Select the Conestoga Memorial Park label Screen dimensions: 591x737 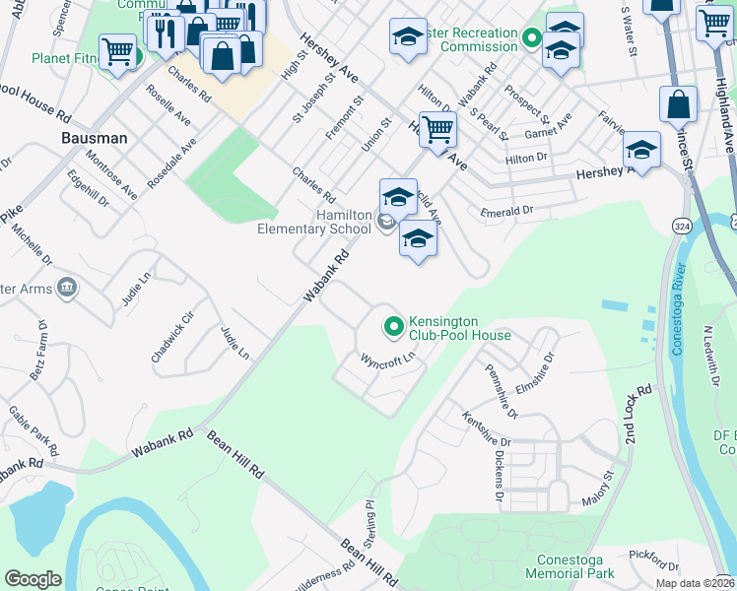(x=569, y=565)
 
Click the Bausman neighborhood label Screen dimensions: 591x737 (x=95, y=138)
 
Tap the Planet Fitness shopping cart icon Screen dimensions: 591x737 (x=117, y=51)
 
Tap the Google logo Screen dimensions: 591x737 (x=33, y=579)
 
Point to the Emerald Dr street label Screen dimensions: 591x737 (x=506, y=211)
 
